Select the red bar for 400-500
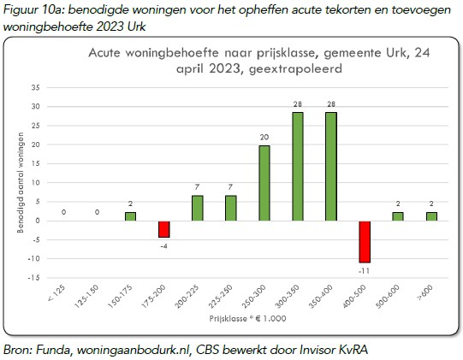365,241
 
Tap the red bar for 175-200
164,228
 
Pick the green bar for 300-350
298,166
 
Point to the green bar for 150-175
130,216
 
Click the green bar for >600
430,216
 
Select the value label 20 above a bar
264,136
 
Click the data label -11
365,271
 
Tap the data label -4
163,245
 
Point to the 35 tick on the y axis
58,87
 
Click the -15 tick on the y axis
56,277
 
